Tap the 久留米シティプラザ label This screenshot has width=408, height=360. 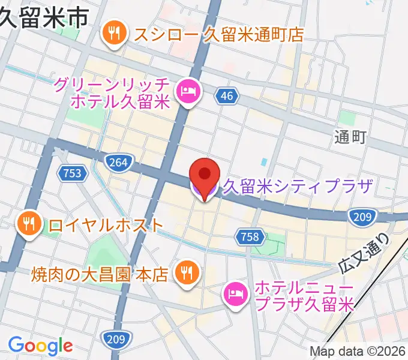298,187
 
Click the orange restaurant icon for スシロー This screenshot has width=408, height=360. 113,34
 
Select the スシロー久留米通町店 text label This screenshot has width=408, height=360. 219,34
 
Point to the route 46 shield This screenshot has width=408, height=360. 226,95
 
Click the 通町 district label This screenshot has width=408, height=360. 350,137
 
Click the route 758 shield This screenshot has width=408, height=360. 249,236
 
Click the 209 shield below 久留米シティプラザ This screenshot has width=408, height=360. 363,217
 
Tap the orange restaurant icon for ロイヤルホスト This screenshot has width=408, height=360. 28,225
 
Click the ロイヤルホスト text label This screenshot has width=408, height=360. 106,225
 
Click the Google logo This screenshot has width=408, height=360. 40,346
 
